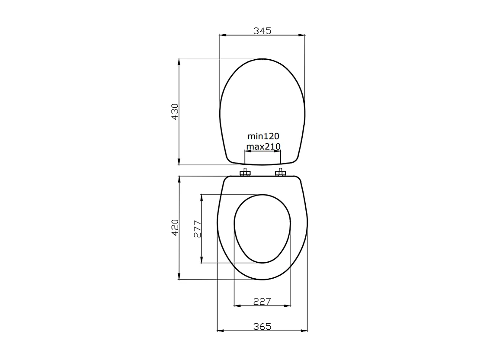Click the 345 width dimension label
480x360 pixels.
(x=262, y=31)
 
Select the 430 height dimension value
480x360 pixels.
(x=175, y=112)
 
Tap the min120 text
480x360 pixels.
(x=263, y=137)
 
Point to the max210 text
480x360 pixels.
(x=263, y=146)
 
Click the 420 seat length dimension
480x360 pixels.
(x=175, y=228)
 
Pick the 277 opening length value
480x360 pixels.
(x=197, y=228)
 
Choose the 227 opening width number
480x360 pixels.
(x=262, y=301)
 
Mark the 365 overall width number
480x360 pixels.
(x=262, y=327)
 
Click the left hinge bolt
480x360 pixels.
(x=245, y=173)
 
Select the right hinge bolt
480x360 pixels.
(x=280, y=173)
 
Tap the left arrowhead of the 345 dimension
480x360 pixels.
(x=223, y=35)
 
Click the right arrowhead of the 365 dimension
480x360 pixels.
(x=304, y=331)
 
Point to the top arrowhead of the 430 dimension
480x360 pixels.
(x=179, y=62)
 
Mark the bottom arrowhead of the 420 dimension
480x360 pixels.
(x=179, y=276)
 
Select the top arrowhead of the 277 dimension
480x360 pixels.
(x=202, y=198)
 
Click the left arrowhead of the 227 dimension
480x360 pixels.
(x=237, y=306)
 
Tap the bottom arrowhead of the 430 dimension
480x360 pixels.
(x=179, y=162)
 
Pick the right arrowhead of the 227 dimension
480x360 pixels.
(x=288, y=306)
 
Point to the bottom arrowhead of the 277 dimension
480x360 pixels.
(x=202, y=260)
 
